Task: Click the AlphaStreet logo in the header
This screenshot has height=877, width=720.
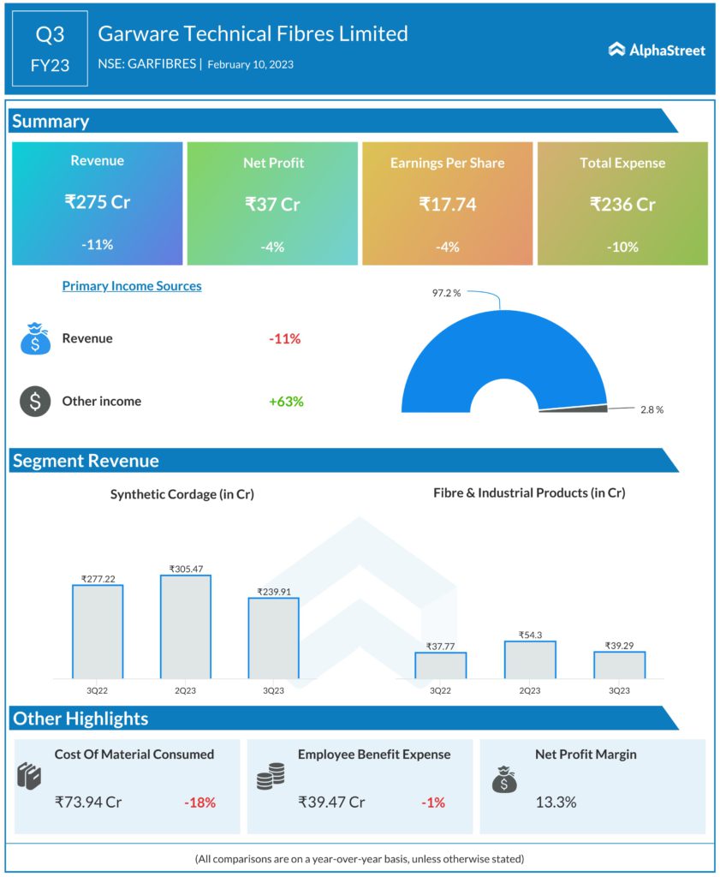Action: pyautogui.click(x=657, y=51)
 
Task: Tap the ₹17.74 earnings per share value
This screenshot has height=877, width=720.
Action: pyautogui.click(x=447, y=204)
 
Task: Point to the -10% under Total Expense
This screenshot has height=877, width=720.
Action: pyautogui.click(x=622, y=247)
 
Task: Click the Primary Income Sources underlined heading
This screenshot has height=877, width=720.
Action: pyautogui.click(x=132, y=286)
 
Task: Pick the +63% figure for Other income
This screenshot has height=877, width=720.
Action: pyautogui.click(x=285, y=401)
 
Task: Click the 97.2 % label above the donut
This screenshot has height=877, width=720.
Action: pyautogui.click(x=446, y=293)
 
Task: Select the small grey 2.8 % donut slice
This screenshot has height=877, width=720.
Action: pyautogui.click(x=574, y=409)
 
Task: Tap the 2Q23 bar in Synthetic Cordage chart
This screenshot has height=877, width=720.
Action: pyautogui.click(x=185, y=626)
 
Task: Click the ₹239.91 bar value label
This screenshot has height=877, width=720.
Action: pyautogui.click(x=274, y=591)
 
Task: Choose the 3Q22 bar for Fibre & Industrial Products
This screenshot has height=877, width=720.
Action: pyautogui.click(x=441, y=665)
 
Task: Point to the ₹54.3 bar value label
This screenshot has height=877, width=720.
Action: pyautogui.click(x=530, y=635)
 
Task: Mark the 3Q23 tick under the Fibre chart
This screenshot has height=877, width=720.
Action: pyautogui.click(x=619, y=690)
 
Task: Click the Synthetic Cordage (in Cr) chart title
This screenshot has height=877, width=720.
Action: pyautogui.click(x=181, y=494)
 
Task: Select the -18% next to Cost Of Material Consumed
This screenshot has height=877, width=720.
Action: pyautogui.click(x=199, y=802)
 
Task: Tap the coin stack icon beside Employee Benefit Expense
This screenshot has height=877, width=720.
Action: pyautogui.click(x=271, y=777)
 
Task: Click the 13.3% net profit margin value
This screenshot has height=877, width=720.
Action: pyautogui.click(x=556, y=802)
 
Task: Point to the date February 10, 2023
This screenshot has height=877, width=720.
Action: pyautogui.click(x=250, y=64)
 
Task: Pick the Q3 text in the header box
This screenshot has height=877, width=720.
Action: pyautogui.click(x=50, y=35)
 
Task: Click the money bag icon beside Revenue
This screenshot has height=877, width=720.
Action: pyautogui.click(x=35, y=339)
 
